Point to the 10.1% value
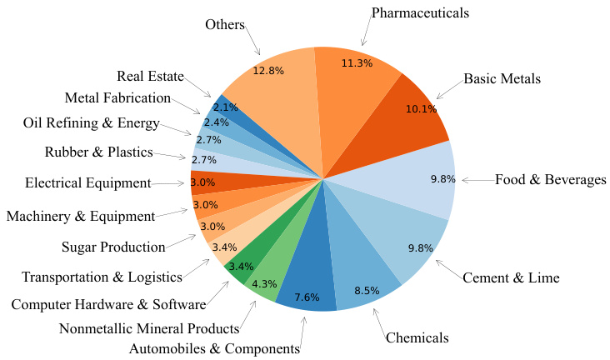pyautogui.click(x=420, y=108)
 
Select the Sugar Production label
pyautogui.click(x=113, y=247)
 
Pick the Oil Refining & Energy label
pyautogui.click(x=91, y=124)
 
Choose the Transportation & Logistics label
pyautogui.click(x=102, y=277)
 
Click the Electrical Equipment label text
pyautogui.click(x=87, y=182)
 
